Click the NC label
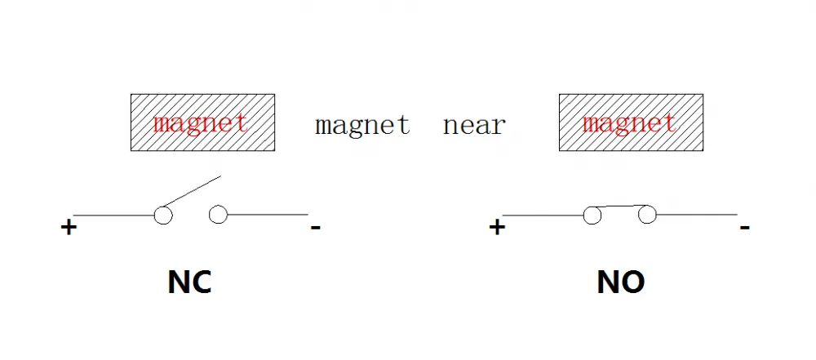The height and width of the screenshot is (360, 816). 189,282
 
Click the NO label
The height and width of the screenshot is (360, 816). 621,282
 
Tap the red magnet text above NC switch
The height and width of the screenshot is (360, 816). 201,123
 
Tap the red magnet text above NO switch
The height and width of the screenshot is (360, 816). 629,123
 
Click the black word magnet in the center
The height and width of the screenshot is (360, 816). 362,125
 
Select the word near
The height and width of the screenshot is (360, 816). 474,126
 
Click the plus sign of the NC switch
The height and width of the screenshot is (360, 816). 69,228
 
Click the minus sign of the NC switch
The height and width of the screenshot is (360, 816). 315,227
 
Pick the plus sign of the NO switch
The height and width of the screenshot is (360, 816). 497,227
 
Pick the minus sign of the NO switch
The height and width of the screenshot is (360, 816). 745,227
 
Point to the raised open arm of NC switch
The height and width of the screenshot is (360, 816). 192,191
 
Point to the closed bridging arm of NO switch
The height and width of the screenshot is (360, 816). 620,207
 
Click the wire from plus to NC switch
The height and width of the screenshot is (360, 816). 114,216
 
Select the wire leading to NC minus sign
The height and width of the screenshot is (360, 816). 268,214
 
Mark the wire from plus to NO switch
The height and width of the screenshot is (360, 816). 543,216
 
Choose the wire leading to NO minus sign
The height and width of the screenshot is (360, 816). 696,214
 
